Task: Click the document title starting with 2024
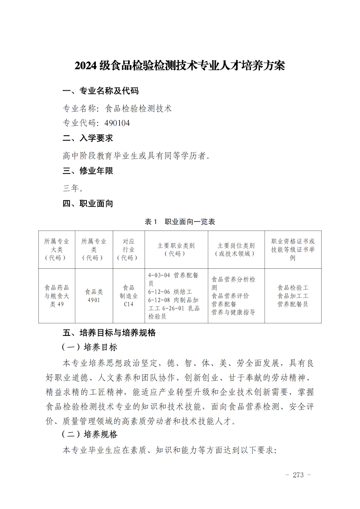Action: pos(180,66)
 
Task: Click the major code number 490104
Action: pos(117,123)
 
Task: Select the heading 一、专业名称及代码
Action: pos(100,91)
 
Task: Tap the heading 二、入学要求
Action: pos(88,138)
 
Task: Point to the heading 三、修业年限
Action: pos(88,171)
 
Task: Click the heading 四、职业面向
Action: pos(88,204)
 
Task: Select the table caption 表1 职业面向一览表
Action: pos(180,222)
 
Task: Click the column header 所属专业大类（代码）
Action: pos(57,249)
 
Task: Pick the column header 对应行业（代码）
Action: pos(129,249)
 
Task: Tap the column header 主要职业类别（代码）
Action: pos(176,249)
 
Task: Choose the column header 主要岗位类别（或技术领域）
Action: pos(236,249)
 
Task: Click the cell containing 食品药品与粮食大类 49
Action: pos(57,296)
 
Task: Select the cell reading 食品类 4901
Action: pos(94,296)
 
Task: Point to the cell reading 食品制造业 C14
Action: pos(129,296)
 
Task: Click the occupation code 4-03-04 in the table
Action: pos(159,275)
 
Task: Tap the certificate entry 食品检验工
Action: pos(293,288)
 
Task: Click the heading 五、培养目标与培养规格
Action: pos(109,333)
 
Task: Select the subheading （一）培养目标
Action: pos(90,347)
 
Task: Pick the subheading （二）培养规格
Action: pos(90,434)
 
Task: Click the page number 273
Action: pos(298,475)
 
